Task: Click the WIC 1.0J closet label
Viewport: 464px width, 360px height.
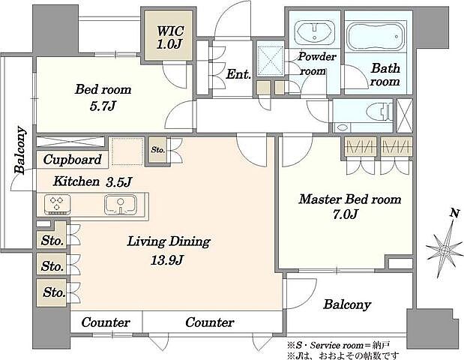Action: tap(169, 37)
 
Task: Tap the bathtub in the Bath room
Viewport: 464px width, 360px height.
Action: tap(376, 37)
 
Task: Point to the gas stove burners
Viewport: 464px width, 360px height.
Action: tap(58, 204)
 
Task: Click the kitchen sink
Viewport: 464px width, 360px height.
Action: tap(121, 204)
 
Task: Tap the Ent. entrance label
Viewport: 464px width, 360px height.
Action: tap(238, 74)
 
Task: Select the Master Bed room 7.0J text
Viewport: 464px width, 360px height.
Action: tap(350, 206)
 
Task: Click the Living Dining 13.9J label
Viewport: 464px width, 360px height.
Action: tap(169, 250)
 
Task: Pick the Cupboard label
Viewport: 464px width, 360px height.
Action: tap(72, 160)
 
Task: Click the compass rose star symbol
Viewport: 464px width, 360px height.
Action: tap(445, 250)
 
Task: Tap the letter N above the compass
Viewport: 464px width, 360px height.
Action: tap(455, 213)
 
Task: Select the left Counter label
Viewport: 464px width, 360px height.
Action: tap(106, 322)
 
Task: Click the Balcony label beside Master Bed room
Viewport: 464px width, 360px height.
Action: tap(347, 304)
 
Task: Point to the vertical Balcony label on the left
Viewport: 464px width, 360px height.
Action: tap(19, 150)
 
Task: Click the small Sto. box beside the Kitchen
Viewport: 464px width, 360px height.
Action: tap(157, 150)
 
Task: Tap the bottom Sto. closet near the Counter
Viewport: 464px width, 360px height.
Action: tap(54, 292)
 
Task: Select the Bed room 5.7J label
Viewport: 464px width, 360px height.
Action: tap(103, 97)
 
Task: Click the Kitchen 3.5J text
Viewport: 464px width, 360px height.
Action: tap(91, 181)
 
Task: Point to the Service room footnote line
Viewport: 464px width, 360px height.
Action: tap(338, 345)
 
